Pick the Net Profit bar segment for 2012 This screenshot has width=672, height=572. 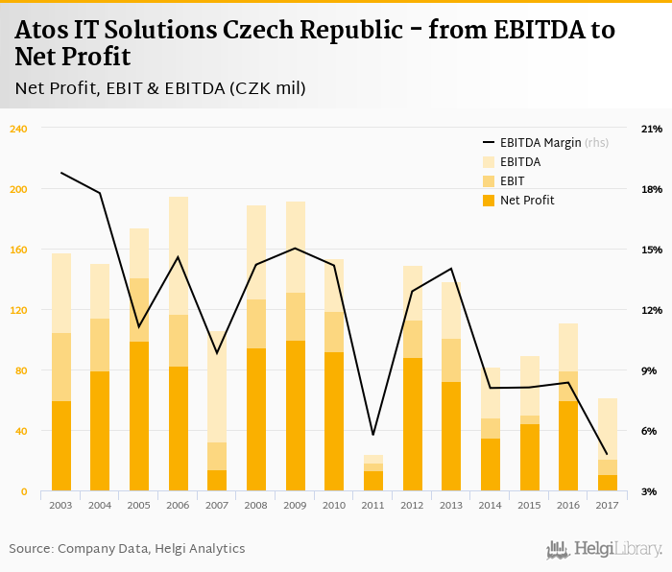pos(413,424)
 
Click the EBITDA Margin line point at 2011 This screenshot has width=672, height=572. pos(373,435)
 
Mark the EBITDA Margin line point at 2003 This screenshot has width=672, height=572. pos(61,173)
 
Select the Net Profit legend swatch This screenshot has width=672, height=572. pos(488,200)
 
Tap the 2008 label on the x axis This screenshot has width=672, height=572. pos(256,505)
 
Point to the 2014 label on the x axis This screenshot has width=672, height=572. pos(491,505)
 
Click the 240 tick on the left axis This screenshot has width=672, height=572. pos(19,129)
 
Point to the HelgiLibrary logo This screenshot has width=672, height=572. pos(604,549)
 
